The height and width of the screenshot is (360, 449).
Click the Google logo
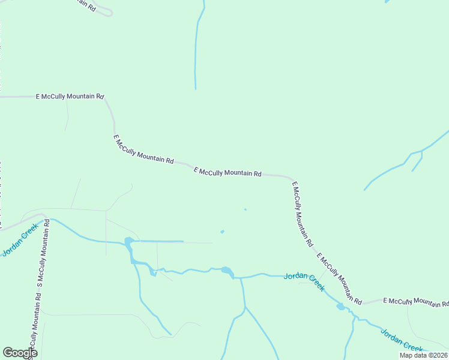(x=20, y=353)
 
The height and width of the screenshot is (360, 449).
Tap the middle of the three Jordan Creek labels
(x=304, y=280)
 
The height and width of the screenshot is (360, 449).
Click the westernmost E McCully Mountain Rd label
(x=70, y=96)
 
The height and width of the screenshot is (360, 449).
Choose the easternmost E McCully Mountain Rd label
(x=415, y=301)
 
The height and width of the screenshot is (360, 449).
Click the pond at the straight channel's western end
(x=128, y=242)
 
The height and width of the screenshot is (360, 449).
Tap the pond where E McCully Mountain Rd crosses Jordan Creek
(x=340, y=307)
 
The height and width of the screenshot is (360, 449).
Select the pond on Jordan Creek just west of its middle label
(x=227, y=271)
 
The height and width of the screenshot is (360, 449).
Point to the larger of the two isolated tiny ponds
(x=222, y=232)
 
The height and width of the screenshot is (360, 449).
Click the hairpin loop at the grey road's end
(x=108, y=11)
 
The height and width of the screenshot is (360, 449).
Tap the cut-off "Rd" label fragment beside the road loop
(x=92, y=10)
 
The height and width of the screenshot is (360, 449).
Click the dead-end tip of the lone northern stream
(x=195, y=88)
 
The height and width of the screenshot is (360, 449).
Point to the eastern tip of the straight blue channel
(x=182, y=242)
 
